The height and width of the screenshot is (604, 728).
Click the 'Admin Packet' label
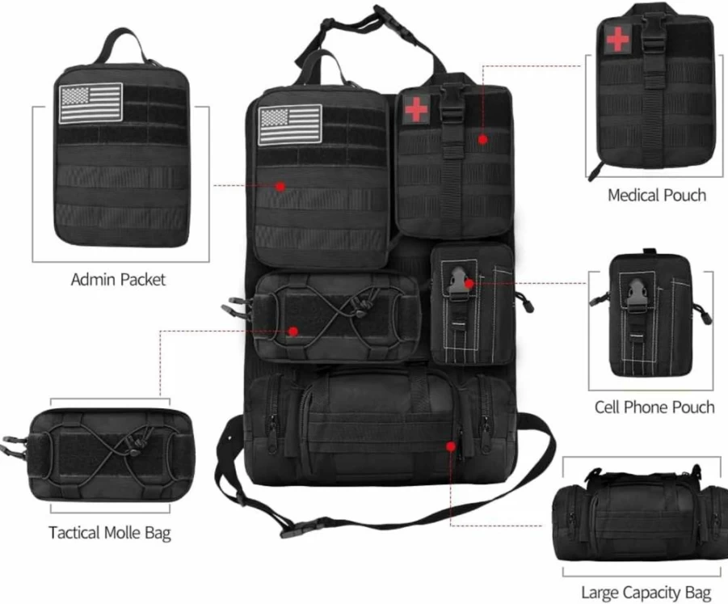tap(118, 279)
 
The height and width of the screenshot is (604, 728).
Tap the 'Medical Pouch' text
tap(657, 195)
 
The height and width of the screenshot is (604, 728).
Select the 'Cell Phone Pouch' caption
tap(654, 407)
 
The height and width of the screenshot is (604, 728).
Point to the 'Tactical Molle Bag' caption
tap(110, 533)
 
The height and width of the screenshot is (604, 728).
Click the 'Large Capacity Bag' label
tap(646, 593)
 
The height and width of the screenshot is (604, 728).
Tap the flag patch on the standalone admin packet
tap(91, 103)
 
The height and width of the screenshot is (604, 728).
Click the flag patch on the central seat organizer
tap(290, 125)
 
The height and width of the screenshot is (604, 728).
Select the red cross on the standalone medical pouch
tap(617, 39)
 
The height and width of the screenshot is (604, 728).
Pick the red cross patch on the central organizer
tap(416, 109)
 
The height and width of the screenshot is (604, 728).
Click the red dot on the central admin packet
tap(280, 186)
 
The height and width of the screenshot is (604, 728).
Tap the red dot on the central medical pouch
tap(483, 139)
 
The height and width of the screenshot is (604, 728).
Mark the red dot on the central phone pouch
tap(469, 284)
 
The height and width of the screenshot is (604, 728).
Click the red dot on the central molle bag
tap(293, 332)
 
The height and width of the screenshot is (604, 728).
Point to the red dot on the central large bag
tap(450, 446)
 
